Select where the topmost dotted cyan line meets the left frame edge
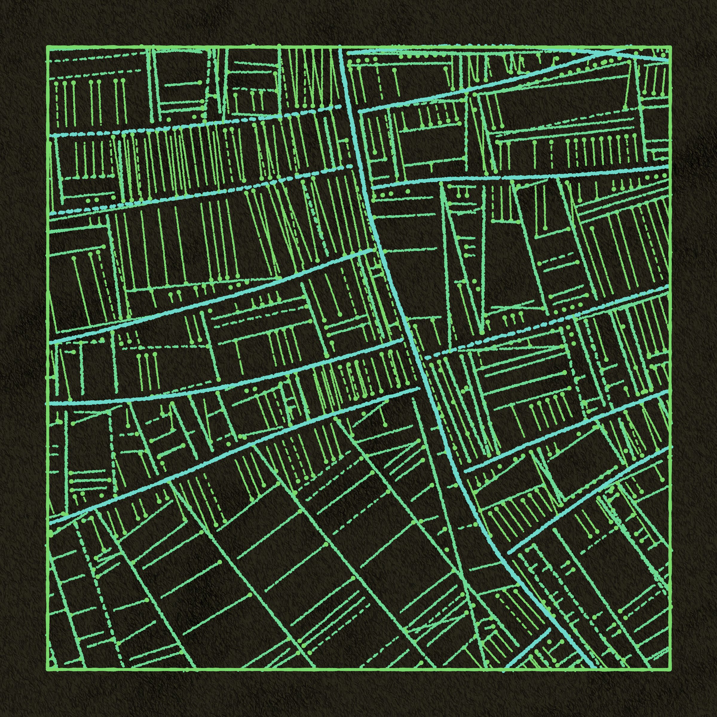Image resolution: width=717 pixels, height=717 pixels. tap(48, 136)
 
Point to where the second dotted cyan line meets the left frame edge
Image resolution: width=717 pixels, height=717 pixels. tap(48, 215)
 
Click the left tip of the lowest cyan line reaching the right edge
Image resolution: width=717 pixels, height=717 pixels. tap(508, 553)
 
